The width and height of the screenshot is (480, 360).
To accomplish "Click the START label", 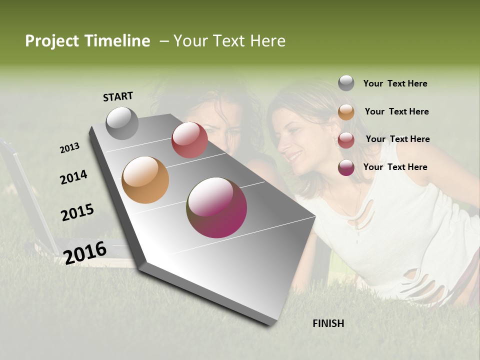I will [x=118, y=96].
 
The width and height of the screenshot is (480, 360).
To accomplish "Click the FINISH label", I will [x=328, y=323].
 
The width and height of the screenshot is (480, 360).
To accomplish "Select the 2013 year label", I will [x=70, y=148].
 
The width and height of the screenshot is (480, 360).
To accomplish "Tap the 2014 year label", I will [x=73, y=177].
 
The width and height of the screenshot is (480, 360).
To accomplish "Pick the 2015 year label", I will [x=77, y=212].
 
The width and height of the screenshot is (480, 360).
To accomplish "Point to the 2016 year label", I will [x=85, y=252].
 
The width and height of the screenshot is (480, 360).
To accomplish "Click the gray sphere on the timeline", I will [x=122, y=123].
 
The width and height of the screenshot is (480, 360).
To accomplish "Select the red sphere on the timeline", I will [x=189, y=140].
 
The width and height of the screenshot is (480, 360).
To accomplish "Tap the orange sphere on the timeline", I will [x=145, y=180].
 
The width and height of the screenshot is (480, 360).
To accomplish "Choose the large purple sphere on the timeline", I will [x=217, y=207].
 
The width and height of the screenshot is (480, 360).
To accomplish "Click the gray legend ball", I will [x=346, y=83].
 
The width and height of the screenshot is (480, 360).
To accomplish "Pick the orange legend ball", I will [x=346, y=112].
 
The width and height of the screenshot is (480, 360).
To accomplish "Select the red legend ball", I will [x=346, y=140].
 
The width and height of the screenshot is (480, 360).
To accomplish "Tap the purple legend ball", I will [x=346, y=167].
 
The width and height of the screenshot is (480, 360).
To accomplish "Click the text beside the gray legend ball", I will [x=395, y=83].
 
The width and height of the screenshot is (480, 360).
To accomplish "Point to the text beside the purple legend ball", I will [x=395, y=167].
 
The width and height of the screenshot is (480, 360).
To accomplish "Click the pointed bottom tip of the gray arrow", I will [x=272, y=325].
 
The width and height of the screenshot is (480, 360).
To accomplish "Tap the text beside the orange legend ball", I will [x=396, y=111].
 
